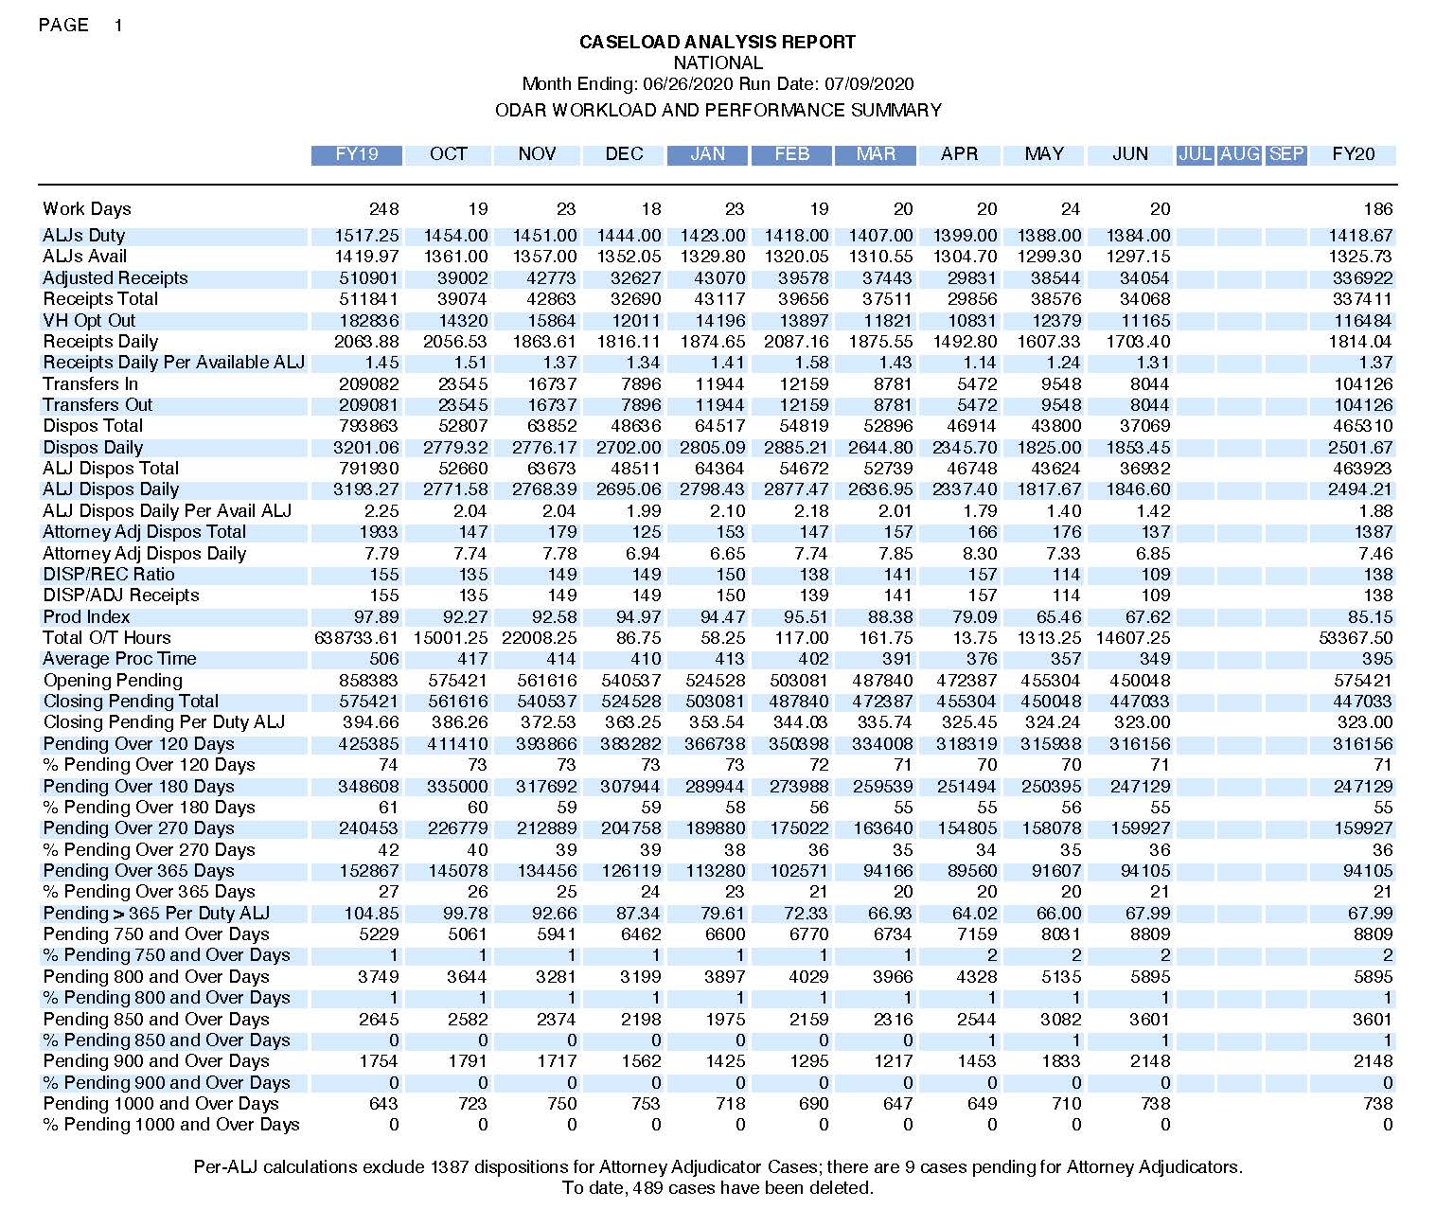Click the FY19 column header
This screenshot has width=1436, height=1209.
pyautogui.click(x=357, y=154)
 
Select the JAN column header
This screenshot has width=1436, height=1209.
pyautogui.click(x=707, y=154)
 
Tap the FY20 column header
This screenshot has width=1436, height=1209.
pyautogui.click(x=1353, y=154)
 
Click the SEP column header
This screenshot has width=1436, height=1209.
pyautogui.click(x=1286, y=154)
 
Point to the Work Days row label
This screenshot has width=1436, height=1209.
pyautogui.click(x=87, y=209)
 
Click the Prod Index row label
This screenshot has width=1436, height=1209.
pyautogui.click(x=86, y=617)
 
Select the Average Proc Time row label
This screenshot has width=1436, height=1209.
pyautogui.click(x=119, y=659)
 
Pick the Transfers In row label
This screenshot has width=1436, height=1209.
pyautogui.click(x=90, y=384)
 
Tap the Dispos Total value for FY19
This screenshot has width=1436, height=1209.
pyautogui.click(x=369, y=426)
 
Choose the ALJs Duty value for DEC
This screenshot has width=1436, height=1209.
pyautogui.click(x=629, y=236)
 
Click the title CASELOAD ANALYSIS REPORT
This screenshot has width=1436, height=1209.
pyautogui.click(x=717, y=43)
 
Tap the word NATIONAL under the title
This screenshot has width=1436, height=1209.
pyautogui.click(x=718, y=63)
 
